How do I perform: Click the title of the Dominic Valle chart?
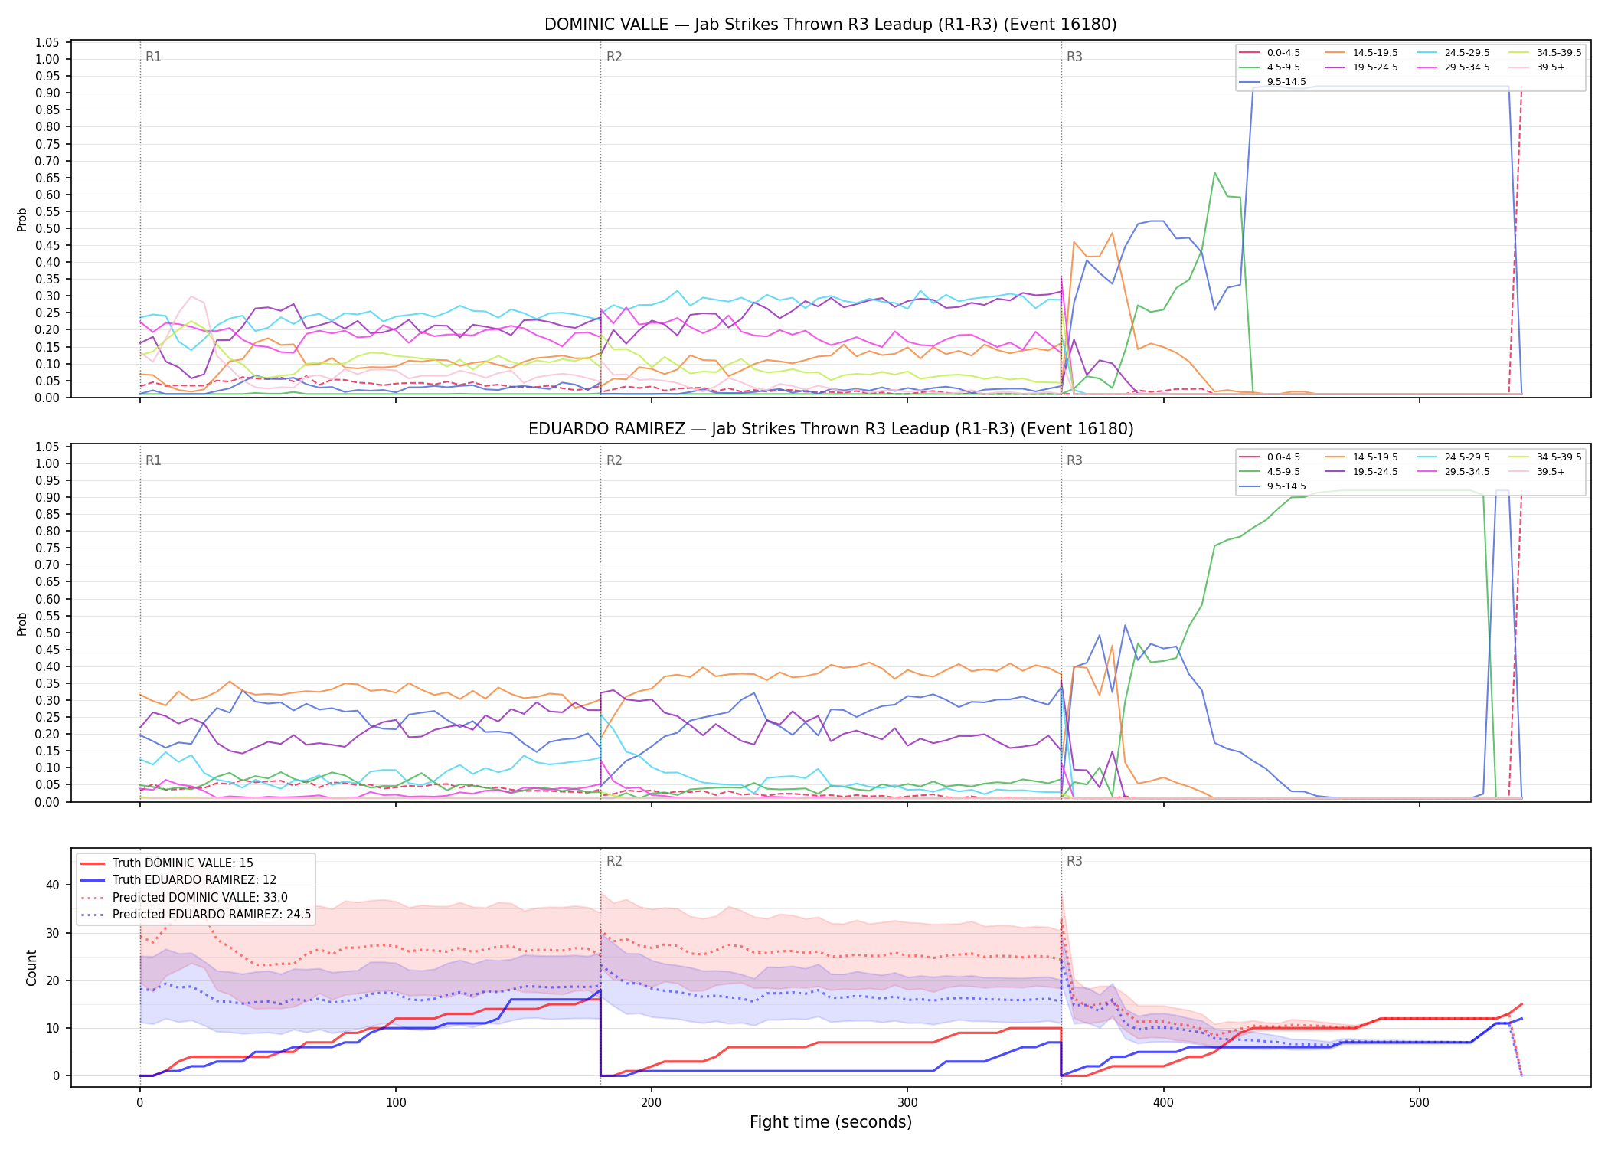[x=830, y=25]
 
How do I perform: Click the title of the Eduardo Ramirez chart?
[x=831, y=429]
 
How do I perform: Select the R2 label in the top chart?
[x=614, y=57]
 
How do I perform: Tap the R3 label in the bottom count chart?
[x=1074, y=861]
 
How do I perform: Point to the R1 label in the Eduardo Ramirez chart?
[x=153, y=460]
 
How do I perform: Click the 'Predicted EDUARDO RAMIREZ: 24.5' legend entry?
[x=196, y=915]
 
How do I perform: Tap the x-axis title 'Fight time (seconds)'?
[x=831, y=1122]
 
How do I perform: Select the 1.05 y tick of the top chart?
[x=47, y=42]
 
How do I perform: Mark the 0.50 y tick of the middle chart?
[x=47, y=633]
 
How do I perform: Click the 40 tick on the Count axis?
[x=53, y=885]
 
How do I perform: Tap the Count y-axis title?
[x=31, y=967]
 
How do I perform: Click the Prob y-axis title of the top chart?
[x=22, y=219]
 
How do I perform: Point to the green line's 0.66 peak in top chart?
[x=1214, y=173]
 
